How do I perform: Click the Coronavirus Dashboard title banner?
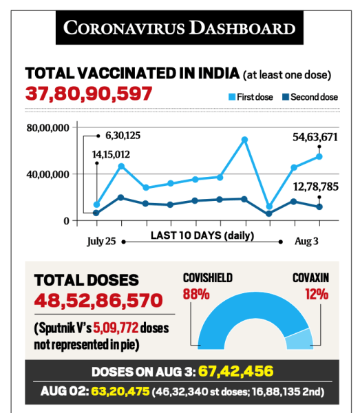pos(180,28)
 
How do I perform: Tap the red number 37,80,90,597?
pos(89,94)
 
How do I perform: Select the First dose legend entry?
pos(251,97)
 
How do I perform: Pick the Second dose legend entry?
pos(310,97)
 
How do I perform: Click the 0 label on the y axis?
pos(66,221)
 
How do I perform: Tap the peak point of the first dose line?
pos(244,139)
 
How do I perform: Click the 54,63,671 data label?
pos(315,137)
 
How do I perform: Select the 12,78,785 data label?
pos(316,187)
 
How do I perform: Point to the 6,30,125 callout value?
pos(123,136)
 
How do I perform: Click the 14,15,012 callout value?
pos(111,154)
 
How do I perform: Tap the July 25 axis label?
pos(101,242)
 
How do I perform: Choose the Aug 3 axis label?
pos(306,241)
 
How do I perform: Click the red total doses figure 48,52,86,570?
pos(98,300)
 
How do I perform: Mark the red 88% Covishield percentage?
pos(196,294)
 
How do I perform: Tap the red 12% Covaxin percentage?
pos(317,294)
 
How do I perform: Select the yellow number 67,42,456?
pos(235,372)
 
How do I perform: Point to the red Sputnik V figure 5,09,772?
pos(116,328)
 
